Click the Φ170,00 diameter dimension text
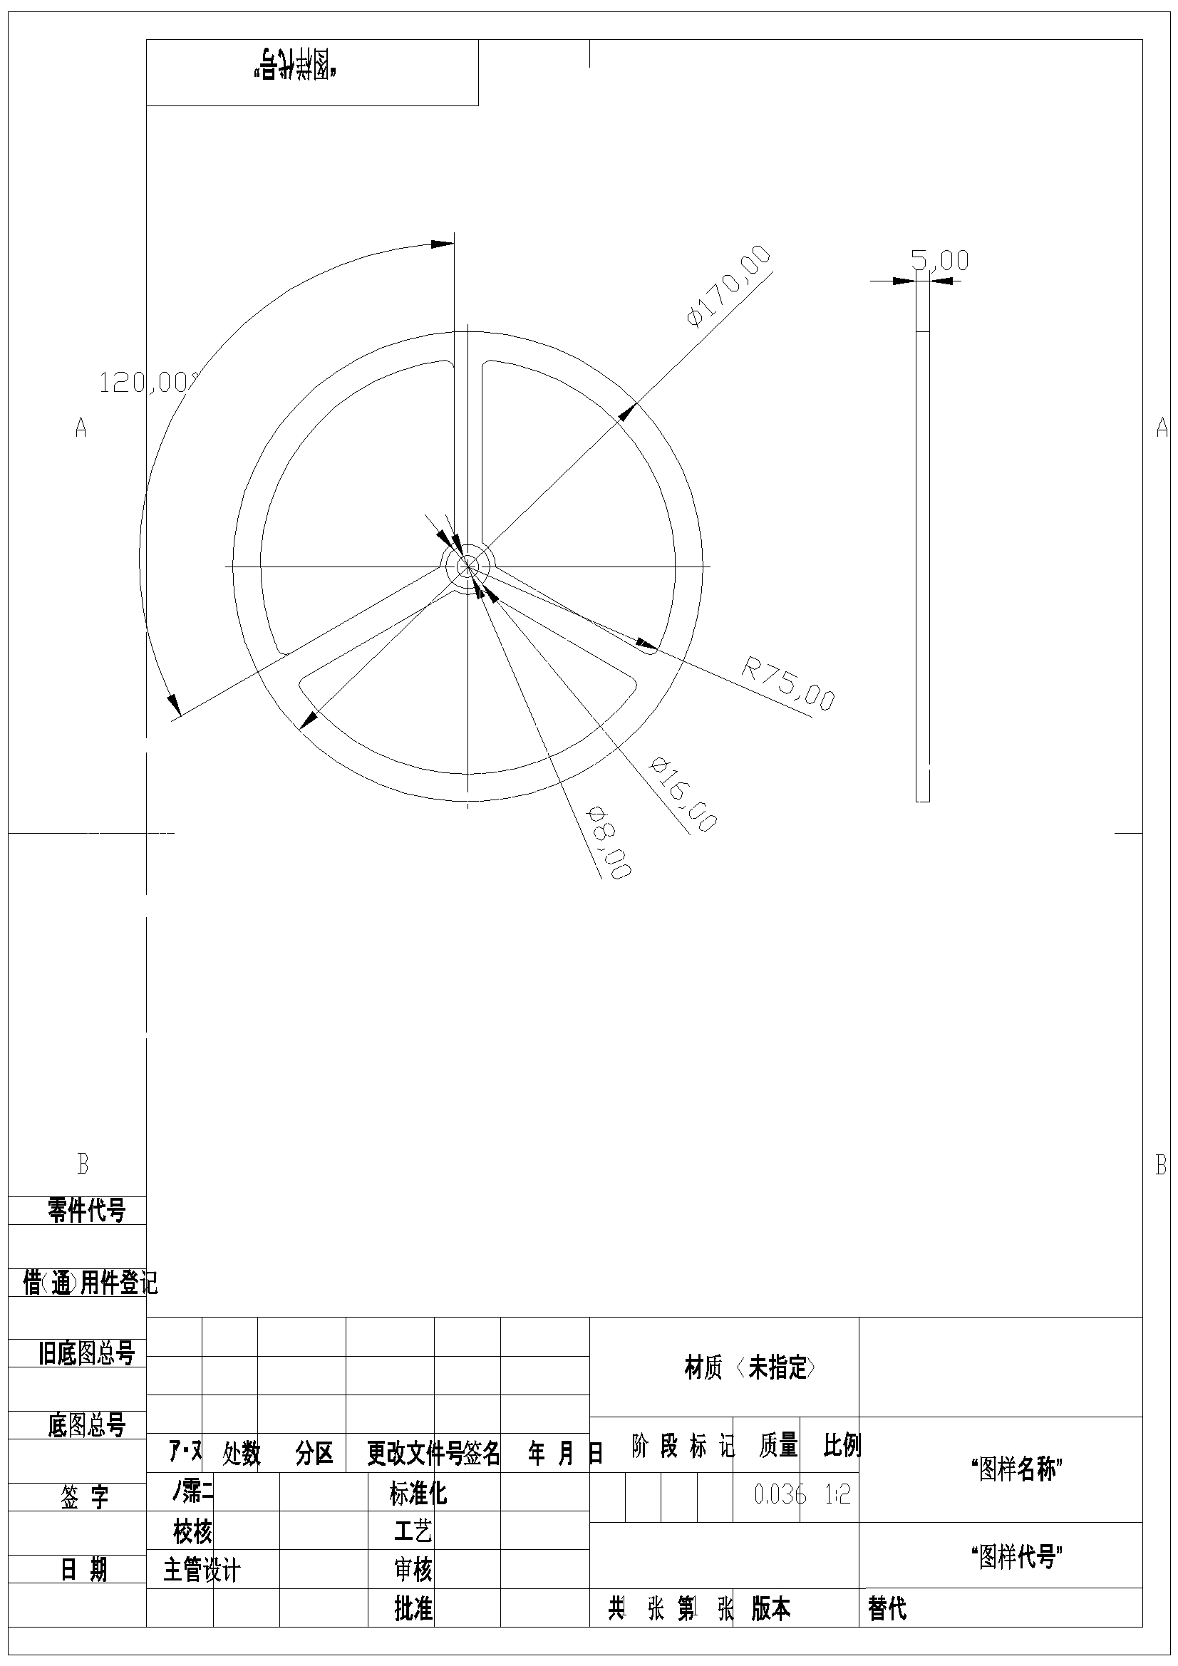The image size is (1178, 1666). click(728, 286)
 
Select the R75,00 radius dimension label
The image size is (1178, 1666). click(788, 682)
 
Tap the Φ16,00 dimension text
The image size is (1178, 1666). click(683, 795)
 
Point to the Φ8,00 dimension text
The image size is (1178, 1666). click(609, 842)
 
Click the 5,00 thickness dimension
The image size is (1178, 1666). click(940, 260)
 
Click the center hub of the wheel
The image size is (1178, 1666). click(467, 565)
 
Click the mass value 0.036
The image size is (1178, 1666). click(780, 1494)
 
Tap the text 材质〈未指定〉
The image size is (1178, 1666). click(750, 1367)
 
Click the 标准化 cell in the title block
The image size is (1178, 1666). click(418, 1494)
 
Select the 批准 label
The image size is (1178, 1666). click(413, 1609)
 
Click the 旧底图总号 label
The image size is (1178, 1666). click(86, 1353)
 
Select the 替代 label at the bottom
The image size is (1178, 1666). click(887, 1609)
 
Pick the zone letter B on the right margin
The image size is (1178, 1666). click(1161, 1164)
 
